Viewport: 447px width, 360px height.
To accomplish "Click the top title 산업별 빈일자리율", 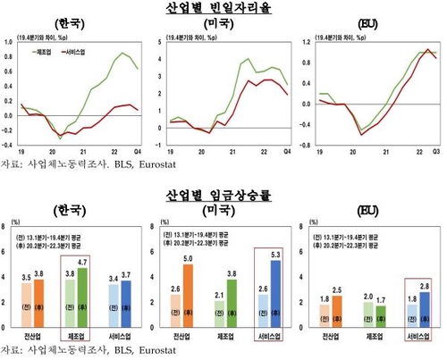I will pyautogui.click(x=223, y=7).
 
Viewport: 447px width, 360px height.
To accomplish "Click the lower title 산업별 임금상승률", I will pyautogui.click(x=223, y=193).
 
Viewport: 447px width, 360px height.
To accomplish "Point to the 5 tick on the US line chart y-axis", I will pyautogui.click(x=158, y=41).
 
